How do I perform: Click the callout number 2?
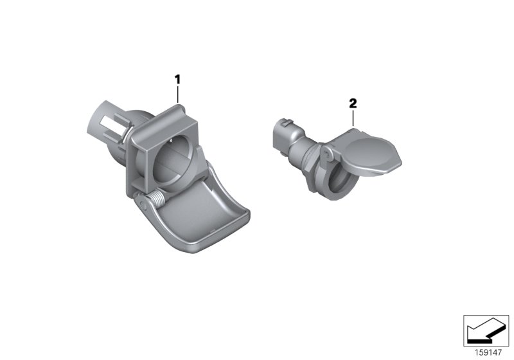(352, 102)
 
